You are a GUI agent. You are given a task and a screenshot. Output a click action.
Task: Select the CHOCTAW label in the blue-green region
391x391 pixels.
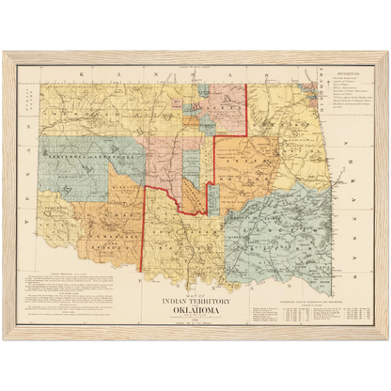point(282,226)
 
